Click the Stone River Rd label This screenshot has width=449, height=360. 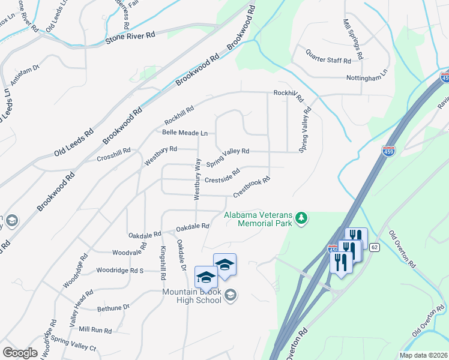pyautogui.click(x=130, y=36)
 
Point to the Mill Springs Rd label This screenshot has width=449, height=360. pyautogui.click(x=353, y=39)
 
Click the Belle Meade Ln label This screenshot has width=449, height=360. pyautogui.click(x=184, y=133)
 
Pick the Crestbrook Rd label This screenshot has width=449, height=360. pyautogui.click(x=252, y=186)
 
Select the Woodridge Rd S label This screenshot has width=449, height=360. pyautogui.click(x=120, y=271)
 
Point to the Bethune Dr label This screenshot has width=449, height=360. pyautogui.click(x=113, y=308)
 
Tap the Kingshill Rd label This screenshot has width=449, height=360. pyautogui.click(x=162, y=263)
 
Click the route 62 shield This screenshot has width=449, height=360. pyautogui.click(x=375, y=247)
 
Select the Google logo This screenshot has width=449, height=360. pyautogui.click(x=20, y=352)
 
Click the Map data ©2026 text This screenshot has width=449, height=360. pyautogui.click(x=423, y=355)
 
